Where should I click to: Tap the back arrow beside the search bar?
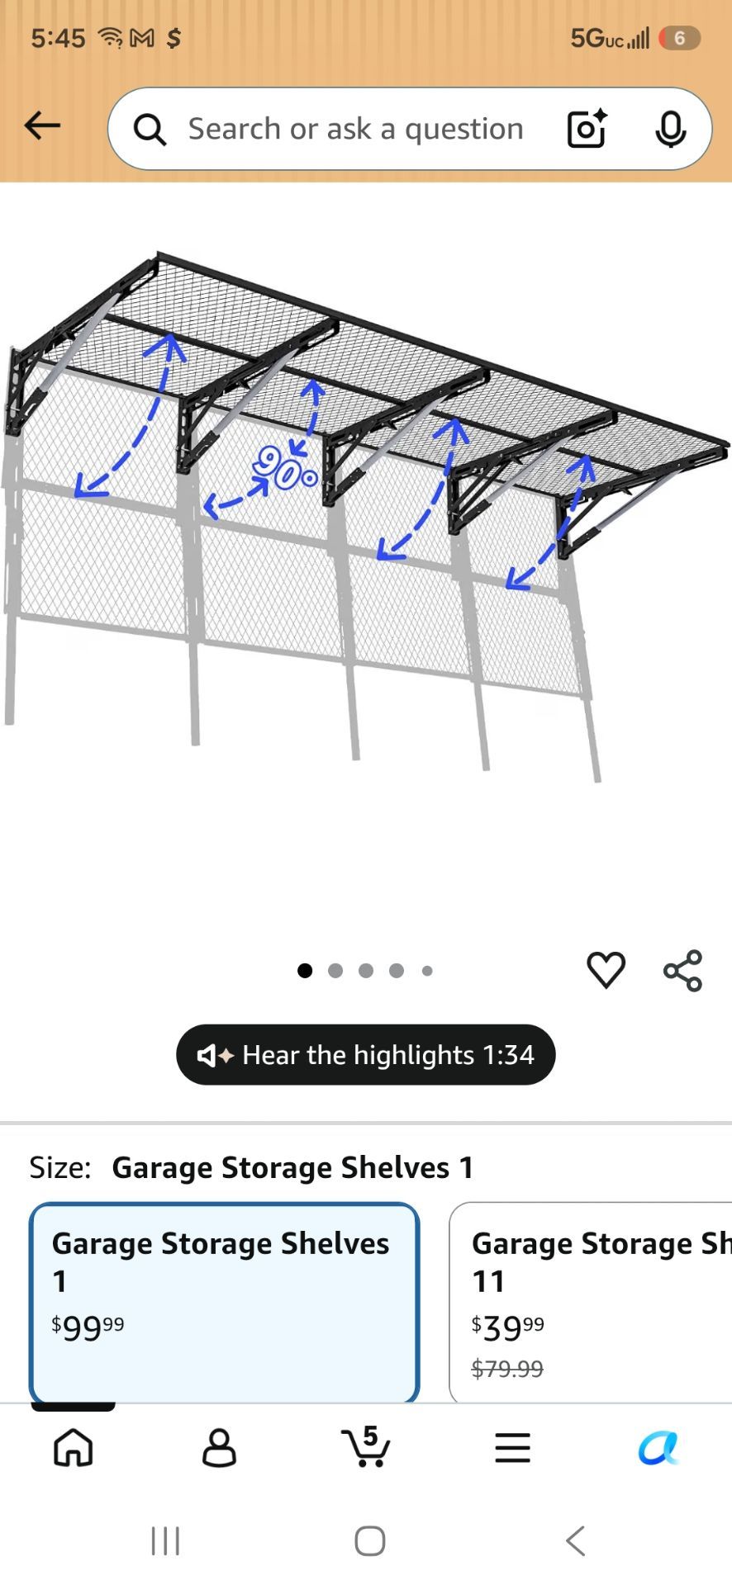click(42, 125)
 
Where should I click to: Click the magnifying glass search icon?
click(150, 130)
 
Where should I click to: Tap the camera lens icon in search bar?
click(587, 129)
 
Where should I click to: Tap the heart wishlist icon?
click(606, 970)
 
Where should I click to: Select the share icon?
click(683, 970)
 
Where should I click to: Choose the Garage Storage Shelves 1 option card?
click(224, 1302)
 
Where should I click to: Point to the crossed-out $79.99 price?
click(507, 1369)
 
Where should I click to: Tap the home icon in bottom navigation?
click(74, 1447)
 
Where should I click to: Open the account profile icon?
click(219, 1448)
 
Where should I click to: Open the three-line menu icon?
click(512, 1448)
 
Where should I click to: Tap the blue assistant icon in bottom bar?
click(658, 1448)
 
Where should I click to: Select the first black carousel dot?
click(305, 971)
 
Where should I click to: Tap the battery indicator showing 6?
click(679, 38)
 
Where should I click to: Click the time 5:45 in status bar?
click(58, 38)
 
